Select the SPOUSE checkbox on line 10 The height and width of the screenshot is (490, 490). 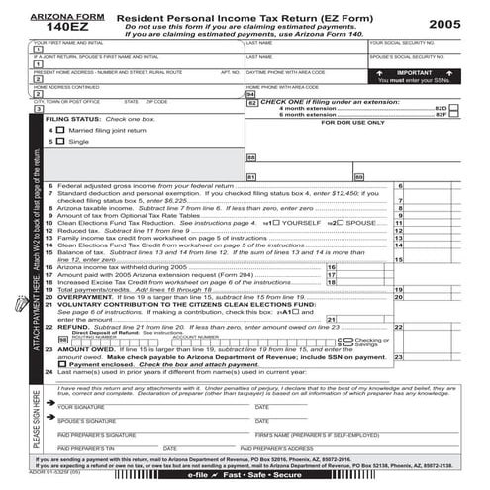pyautogui.click(x=343, y=224)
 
